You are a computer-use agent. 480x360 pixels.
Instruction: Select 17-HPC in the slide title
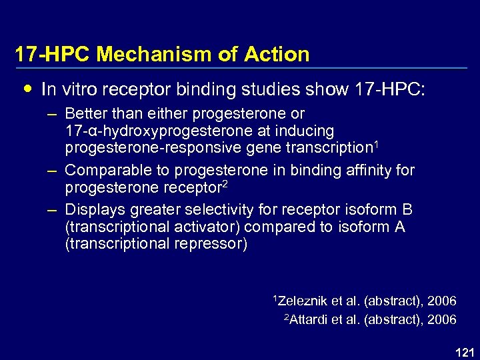[x=53, y=55]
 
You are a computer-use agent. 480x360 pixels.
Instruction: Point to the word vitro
[x=75, y=89]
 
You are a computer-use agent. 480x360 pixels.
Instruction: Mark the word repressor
[x=213, y=244]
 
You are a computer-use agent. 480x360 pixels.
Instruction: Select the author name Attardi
[x=307, y=320]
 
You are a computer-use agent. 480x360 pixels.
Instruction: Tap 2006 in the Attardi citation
[x=441, y=320]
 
